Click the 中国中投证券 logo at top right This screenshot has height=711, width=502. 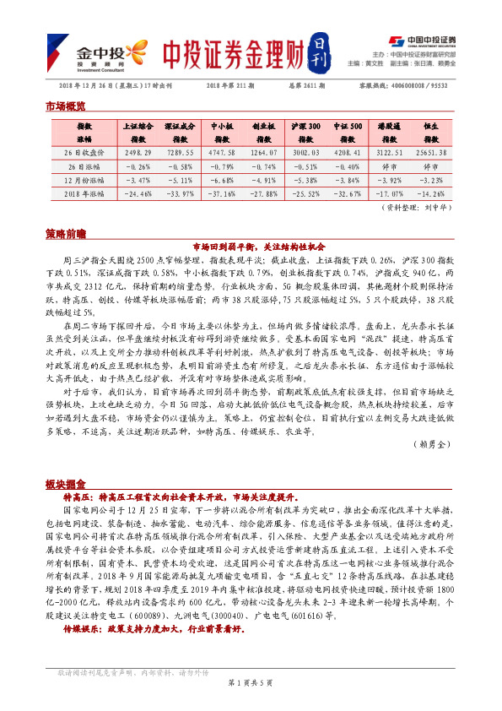tap(422, 40)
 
